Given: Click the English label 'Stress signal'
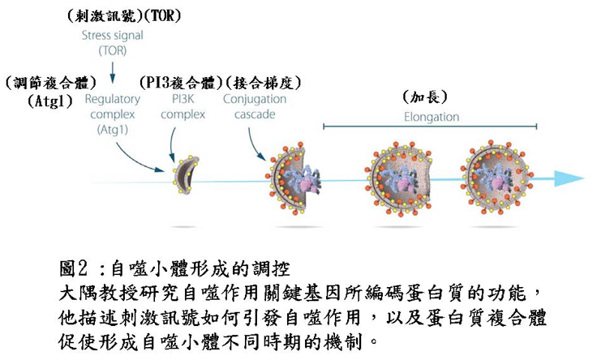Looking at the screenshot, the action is pos(112,36).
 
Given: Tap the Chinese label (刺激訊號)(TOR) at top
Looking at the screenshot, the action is pos(124,16).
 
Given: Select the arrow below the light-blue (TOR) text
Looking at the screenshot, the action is pos(112,72).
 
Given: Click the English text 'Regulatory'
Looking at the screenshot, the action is pos(112,99).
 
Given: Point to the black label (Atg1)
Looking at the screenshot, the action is pos(50,101).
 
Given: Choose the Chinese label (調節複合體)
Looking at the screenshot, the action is pos(51,83).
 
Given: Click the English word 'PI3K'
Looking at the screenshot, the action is pos(183,99).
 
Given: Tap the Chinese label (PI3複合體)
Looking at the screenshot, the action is pos(181,83).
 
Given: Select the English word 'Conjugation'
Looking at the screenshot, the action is pos(255,99).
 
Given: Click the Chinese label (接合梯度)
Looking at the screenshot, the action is pos(264,83).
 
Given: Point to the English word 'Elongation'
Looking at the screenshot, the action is pos(432,117).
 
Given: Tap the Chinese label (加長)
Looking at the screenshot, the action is pos(425,97).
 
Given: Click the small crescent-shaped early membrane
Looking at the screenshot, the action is pos(186,174).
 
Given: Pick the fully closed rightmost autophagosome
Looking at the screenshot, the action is pos(497,178).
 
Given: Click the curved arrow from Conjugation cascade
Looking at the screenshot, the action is pos(255,146).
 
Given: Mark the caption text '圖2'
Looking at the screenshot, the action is pos(74,268).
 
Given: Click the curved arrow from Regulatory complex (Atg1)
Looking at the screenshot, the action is pos(137,161).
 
